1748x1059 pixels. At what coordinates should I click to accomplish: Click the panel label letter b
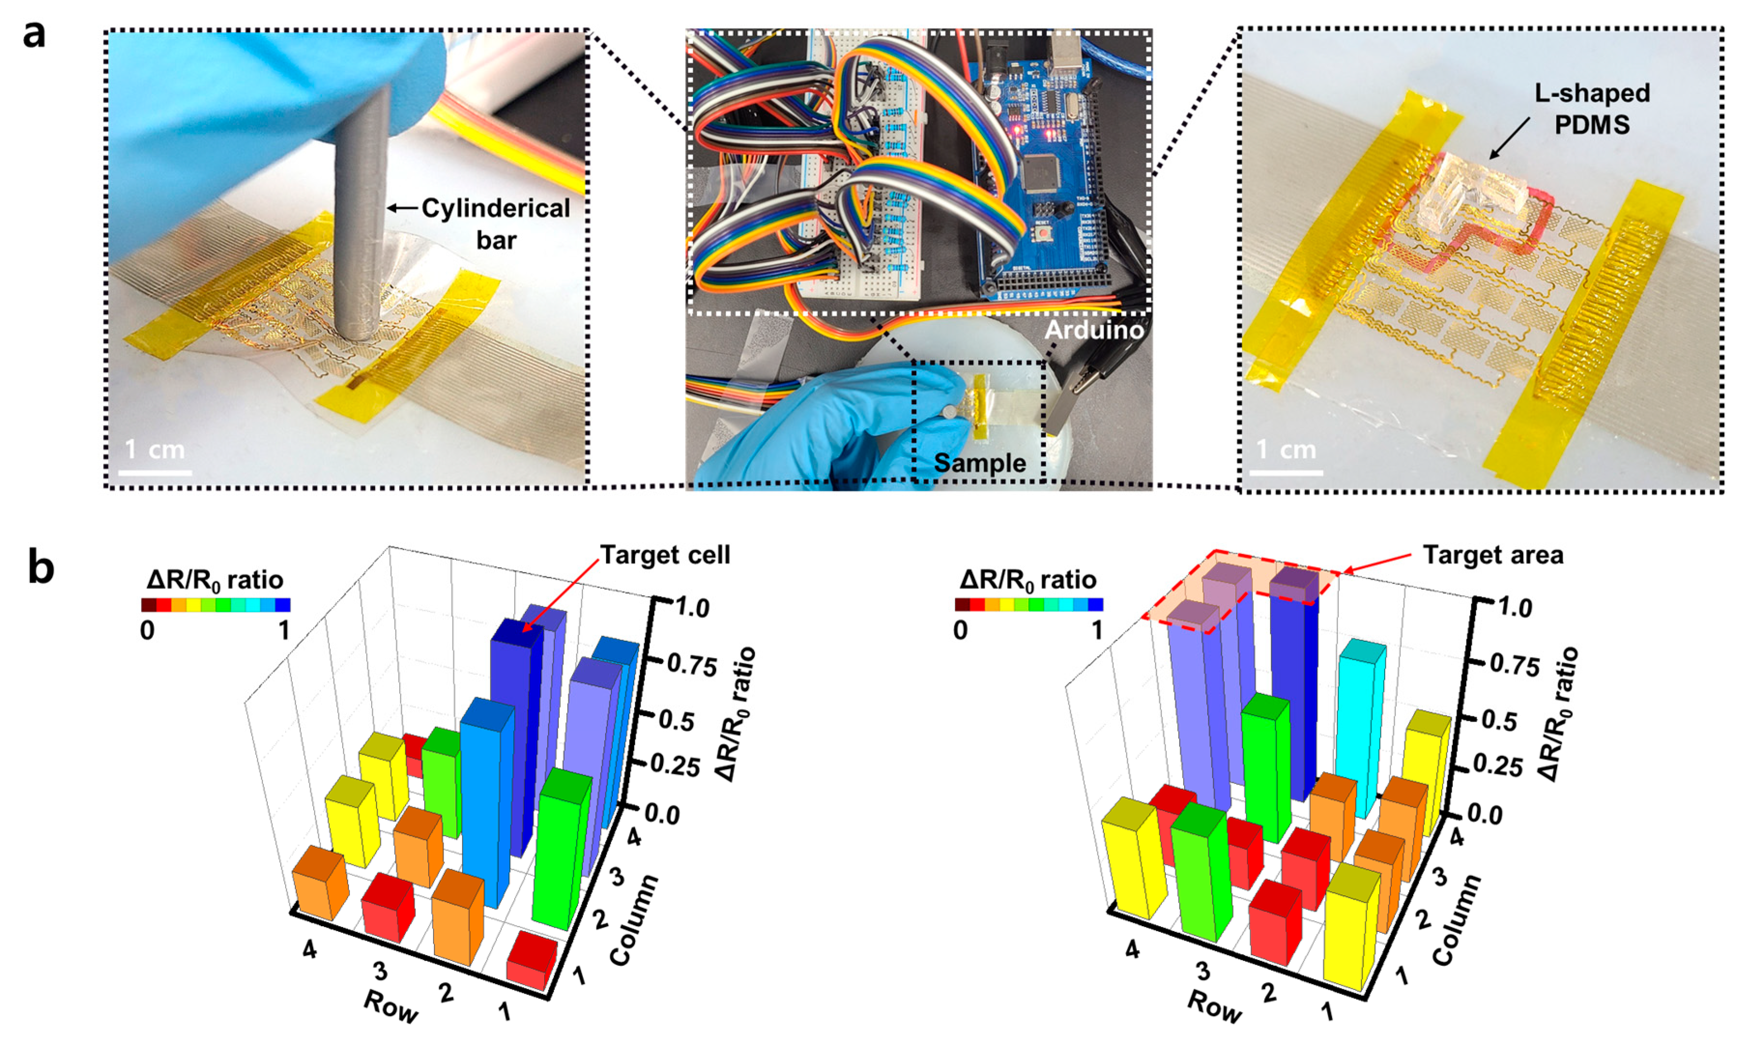coord(41,568)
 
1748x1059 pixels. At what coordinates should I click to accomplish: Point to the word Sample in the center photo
coord(980,463)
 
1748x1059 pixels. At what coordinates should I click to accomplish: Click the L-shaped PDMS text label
coord(1592,109)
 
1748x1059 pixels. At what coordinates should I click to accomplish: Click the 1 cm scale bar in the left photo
coord(155,471)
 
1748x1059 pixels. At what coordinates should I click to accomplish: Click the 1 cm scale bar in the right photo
coord(1286,471)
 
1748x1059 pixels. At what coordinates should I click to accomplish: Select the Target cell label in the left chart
coord(665,555)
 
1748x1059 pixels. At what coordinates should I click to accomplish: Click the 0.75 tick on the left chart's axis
coord(692,665)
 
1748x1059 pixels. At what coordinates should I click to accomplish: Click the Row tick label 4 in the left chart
coord(309,948)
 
